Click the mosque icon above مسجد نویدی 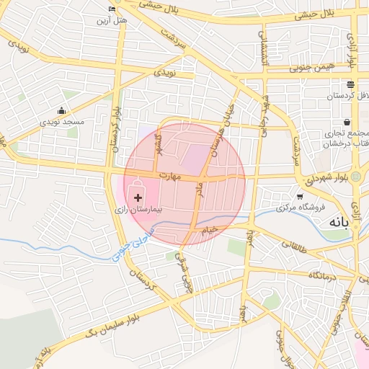(x=62, y=111)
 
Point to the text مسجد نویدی (x=62, y=123)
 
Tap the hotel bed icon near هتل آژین (x=112, y=9)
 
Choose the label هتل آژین (x=112, y=20)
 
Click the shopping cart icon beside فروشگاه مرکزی (x=300, y=196)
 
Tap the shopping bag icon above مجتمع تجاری (x=347, y=122)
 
